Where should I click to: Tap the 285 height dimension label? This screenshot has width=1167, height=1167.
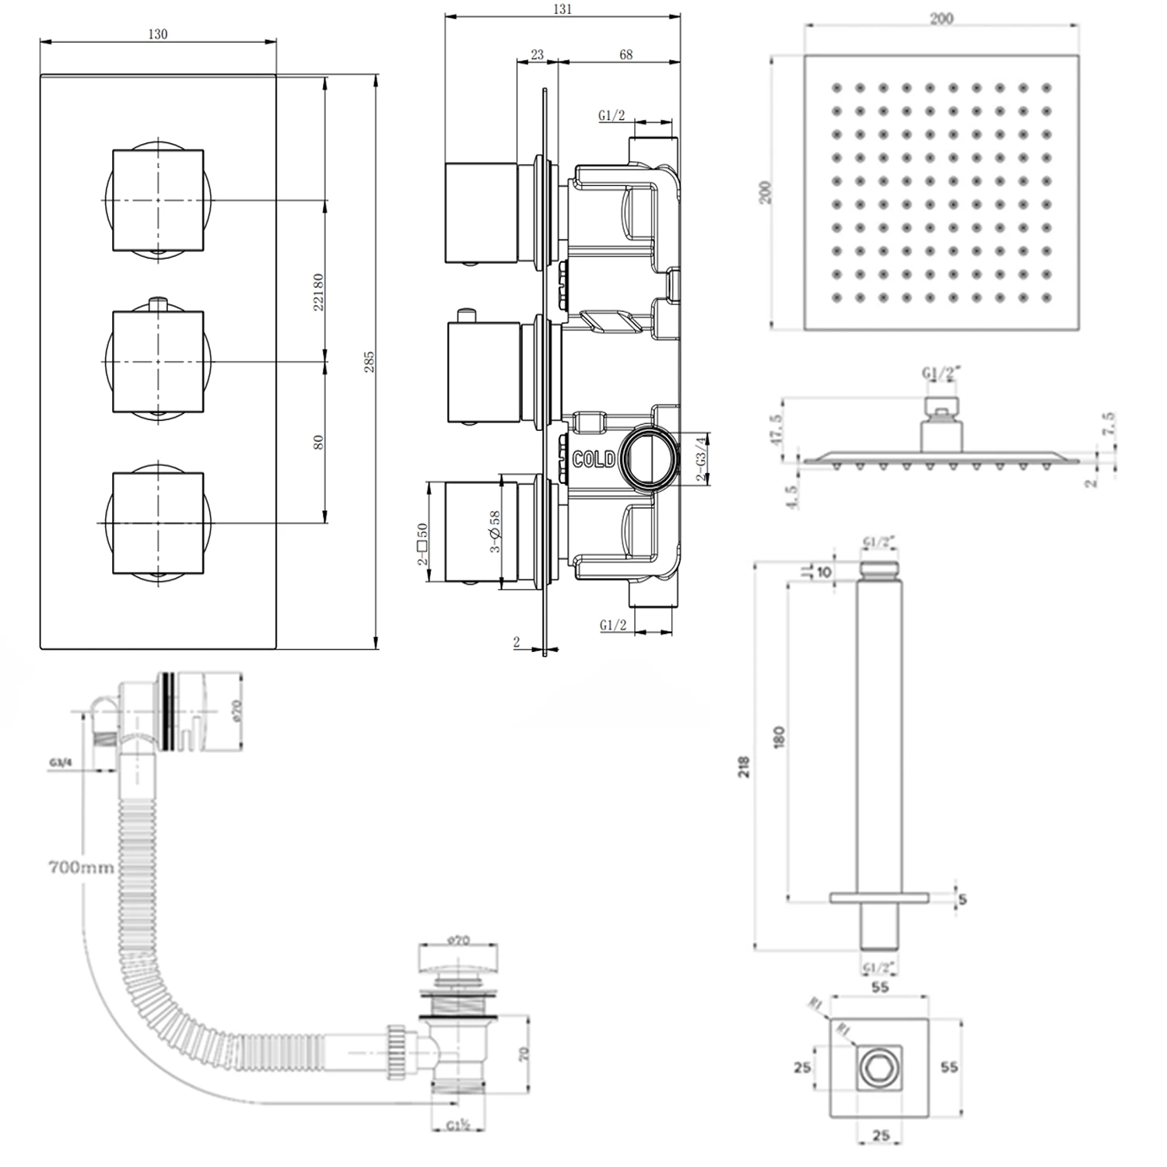pyautogui.click(x=370, y=362)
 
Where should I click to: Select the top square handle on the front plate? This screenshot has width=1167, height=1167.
pyautogui.click(x=158, y=200)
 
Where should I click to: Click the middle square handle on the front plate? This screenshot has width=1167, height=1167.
pyautogui.click(x=158, y=362)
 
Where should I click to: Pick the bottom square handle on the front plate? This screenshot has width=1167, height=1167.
pyautogui.click(x=158, y=522)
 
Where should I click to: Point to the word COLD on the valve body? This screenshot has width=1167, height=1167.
pyautogui.click(x=594, y=460)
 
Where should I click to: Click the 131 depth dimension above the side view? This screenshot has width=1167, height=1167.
pyautogui.click(x=562, y=9)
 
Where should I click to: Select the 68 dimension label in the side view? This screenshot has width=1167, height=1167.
pyautogui.click(x=626, y=54)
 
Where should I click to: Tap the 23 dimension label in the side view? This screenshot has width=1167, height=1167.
pyautogui.click(x=537, y=54)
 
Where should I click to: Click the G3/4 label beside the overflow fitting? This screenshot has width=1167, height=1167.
pyautogui.click(x=61, y=763)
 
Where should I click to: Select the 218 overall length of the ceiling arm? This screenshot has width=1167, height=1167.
pyautogui.click(x=744, y=767)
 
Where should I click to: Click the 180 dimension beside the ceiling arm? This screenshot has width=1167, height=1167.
pyautogui.click(x=780, y=736)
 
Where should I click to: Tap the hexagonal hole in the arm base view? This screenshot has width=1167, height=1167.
pyautogui.click(x=880, y=1067)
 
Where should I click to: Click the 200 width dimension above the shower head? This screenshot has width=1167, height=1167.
pyautogui.click(x=941, y=19)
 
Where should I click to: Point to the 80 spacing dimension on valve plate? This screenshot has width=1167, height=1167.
pyautogui.click(x=317, y=442)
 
